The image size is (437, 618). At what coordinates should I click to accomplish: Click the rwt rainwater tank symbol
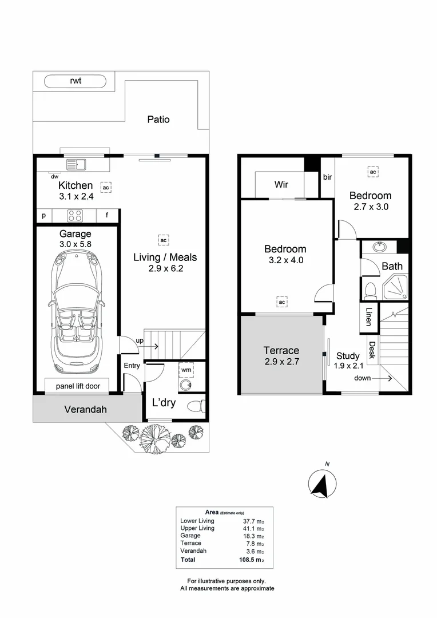point(76,81)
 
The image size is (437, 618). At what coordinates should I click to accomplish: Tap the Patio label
point(158,120)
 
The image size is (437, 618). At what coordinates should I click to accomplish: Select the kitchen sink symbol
point(76,165)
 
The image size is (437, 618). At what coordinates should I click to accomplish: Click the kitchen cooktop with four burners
point(76,216)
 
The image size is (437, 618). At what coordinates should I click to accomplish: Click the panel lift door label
point(78,386)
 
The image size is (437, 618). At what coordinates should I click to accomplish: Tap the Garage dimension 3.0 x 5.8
point(75,244)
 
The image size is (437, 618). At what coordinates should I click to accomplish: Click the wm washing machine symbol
point(186,370)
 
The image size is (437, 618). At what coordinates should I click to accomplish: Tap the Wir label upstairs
point(281,185)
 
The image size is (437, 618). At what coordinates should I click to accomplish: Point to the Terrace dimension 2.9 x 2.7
point(281,362)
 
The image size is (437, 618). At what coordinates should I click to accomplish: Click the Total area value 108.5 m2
point(252,560)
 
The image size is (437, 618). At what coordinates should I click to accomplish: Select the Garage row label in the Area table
point(190,536)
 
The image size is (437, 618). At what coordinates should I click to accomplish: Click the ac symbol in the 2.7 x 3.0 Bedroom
point(372,172)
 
